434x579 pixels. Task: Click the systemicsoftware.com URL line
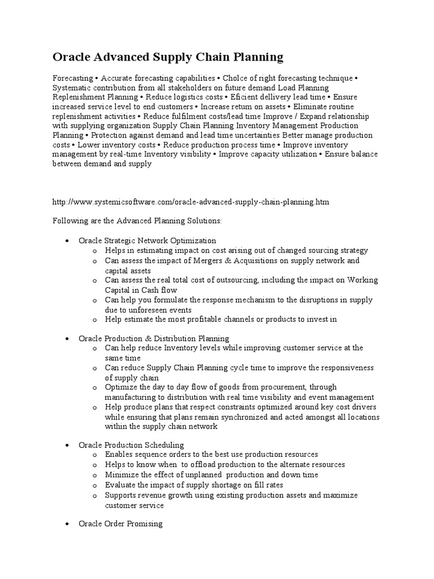[190, 201]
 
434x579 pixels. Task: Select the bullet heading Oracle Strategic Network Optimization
[147, 240]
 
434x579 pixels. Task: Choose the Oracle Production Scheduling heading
[131, 445]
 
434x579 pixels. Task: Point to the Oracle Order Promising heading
[120, 524]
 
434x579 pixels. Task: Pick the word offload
[180, 464]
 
